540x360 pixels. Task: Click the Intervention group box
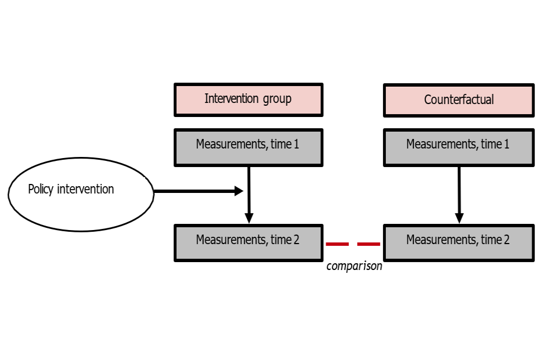(248, 100)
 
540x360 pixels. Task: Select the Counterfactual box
(459, 100)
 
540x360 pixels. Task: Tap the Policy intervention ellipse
(81, 194)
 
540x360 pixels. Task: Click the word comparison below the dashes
(354, 266)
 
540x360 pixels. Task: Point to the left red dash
(337, 244)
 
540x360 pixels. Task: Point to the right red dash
(368, 244)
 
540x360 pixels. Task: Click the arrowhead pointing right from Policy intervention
(239, 191)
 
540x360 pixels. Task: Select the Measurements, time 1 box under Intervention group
(248, 148)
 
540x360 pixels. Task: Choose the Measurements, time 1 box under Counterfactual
(459, 148)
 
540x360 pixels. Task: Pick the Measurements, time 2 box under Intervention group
(248, 243)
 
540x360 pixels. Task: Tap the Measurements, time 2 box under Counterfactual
(459, 243)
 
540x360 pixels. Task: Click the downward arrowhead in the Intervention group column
(249, 218)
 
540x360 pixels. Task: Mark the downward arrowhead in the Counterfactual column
(459, 218)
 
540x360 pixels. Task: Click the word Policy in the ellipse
(40, 189)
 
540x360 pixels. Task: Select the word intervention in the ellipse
(85, 189)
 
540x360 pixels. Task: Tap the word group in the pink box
(277, 99)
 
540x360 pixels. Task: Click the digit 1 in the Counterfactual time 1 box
(507, 144)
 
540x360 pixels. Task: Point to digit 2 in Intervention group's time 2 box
(296, 240)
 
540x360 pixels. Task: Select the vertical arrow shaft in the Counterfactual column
(459, 190)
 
